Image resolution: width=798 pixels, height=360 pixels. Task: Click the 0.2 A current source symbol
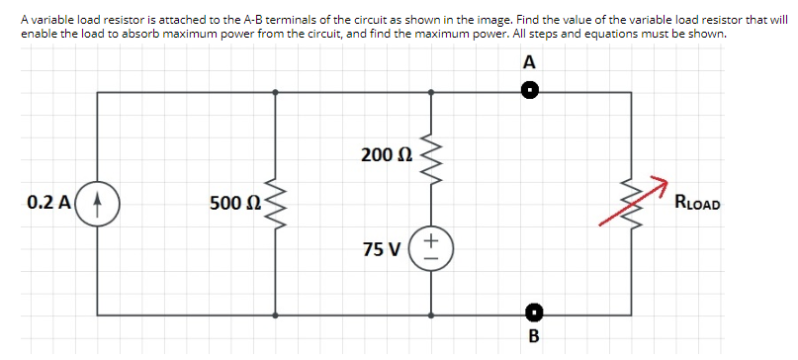[98, 203]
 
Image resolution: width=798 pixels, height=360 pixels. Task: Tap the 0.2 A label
[47, 203]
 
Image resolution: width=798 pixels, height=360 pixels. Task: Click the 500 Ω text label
[234, 204]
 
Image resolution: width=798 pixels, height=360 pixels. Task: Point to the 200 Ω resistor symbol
[430, 155]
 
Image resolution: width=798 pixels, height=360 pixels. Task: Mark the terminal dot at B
[532, 314]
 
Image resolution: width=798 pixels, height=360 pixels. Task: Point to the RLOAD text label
[697, 205]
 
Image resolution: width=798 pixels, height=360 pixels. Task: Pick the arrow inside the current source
[98, 203]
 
